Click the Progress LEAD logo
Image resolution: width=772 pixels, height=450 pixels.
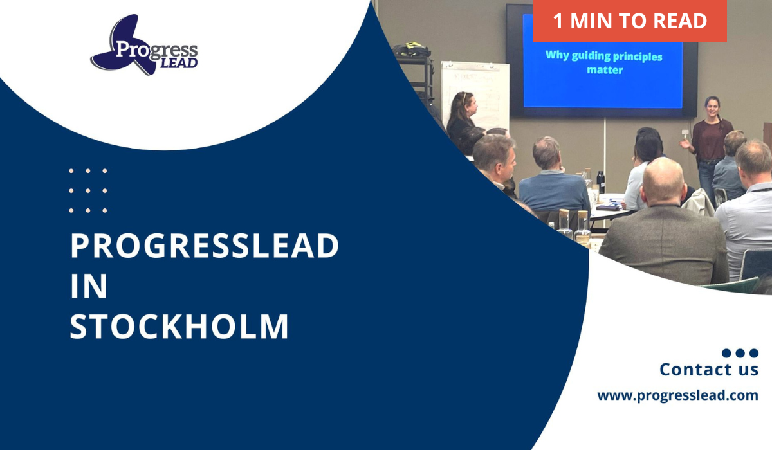pyautogui.click(x=144, y=45)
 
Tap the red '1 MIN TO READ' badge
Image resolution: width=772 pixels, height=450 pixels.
pyautogui.click(x=630, y=21)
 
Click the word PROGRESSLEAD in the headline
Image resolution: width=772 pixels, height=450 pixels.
pyautogui.click(x=205, y=246)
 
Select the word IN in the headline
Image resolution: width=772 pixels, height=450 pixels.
pyautogui.click(x=89, y=285)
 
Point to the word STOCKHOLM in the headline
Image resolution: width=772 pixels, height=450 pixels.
pyautogui.click(x=179, y=326)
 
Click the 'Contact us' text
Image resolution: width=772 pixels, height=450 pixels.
pyautogui.click(x=709, y=370)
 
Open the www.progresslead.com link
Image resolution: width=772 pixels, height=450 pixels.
pyautogui.click(x=678, y=395)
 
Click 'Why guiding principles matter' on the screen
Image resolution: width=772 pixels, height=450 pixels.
pyautogui.click(x=604, y=62)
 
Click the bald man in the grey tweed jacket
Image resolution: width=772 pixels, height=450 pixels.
pyautogui.click(x=663, y=224)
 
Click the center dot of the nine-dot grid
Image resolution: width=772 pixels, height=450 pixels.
pyautogui.click(x=88, y=190)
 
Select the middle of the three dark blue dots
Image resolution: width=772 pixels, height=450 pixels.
pyautogui.click(x=740, y=353)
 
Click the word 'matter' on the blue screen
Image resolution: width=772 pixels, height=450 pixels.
pyautogui.click(x=605, y=70)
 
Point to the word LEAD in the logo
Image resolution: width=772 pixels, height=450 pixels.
pyautogui.click(x=179, y=63)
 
